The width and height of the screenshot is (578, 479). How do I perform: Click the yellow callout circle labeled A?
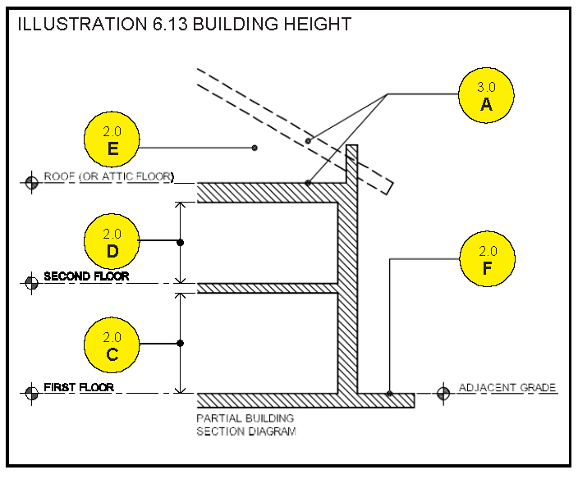tap(487, 94)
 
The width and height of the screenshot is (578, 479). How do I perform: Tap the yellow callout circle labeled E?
tap(112, 139)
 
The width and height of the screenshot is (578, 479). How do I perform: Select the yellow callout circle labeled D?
tap(112, 242)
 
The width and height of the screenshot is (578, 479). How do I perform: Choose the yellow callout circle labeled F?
tap(488, 260)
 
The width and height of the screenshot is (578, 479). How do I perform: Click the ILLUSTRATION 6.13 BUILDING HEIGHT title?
tap(184, 24)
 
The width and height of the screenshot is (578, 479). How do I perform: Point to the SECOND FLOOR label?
tap(86, 276)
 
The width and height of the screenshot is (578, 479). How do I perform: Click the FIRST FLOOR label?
tap(79, 386)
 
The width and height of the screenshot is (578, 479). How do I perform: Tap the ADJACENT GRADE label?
tap(507, 387)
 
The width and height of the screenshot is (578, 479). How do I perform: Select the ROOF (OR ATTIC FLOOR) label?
tap(108, 176)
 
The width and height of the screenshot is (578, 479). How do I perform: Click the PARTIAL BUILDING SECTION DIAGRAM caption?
tap(245, 424)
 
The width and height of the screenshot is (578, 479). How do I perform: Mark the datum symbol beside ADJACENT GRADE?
tap(443, 392)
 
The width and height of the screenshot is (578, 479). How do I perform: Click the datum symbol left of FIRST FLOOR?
tap(32, 392)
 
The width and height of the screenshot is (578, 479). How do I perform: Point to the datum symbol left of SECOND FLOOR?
tap(32, 283)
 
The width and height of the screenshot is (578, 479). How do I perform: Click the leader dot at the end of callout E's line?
tap(255, 148)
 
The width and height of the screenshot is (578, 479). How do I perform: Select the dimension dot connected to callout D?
tap(181, 242)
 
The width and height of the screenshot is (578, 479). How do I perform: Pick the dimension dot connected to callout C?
tap(181, 343)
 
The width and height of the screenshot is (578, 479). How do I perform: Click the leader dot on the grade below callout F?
tap(389, 394)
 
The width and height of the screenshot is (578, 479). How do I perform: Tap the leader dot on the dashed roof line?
tap(308, 141)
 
